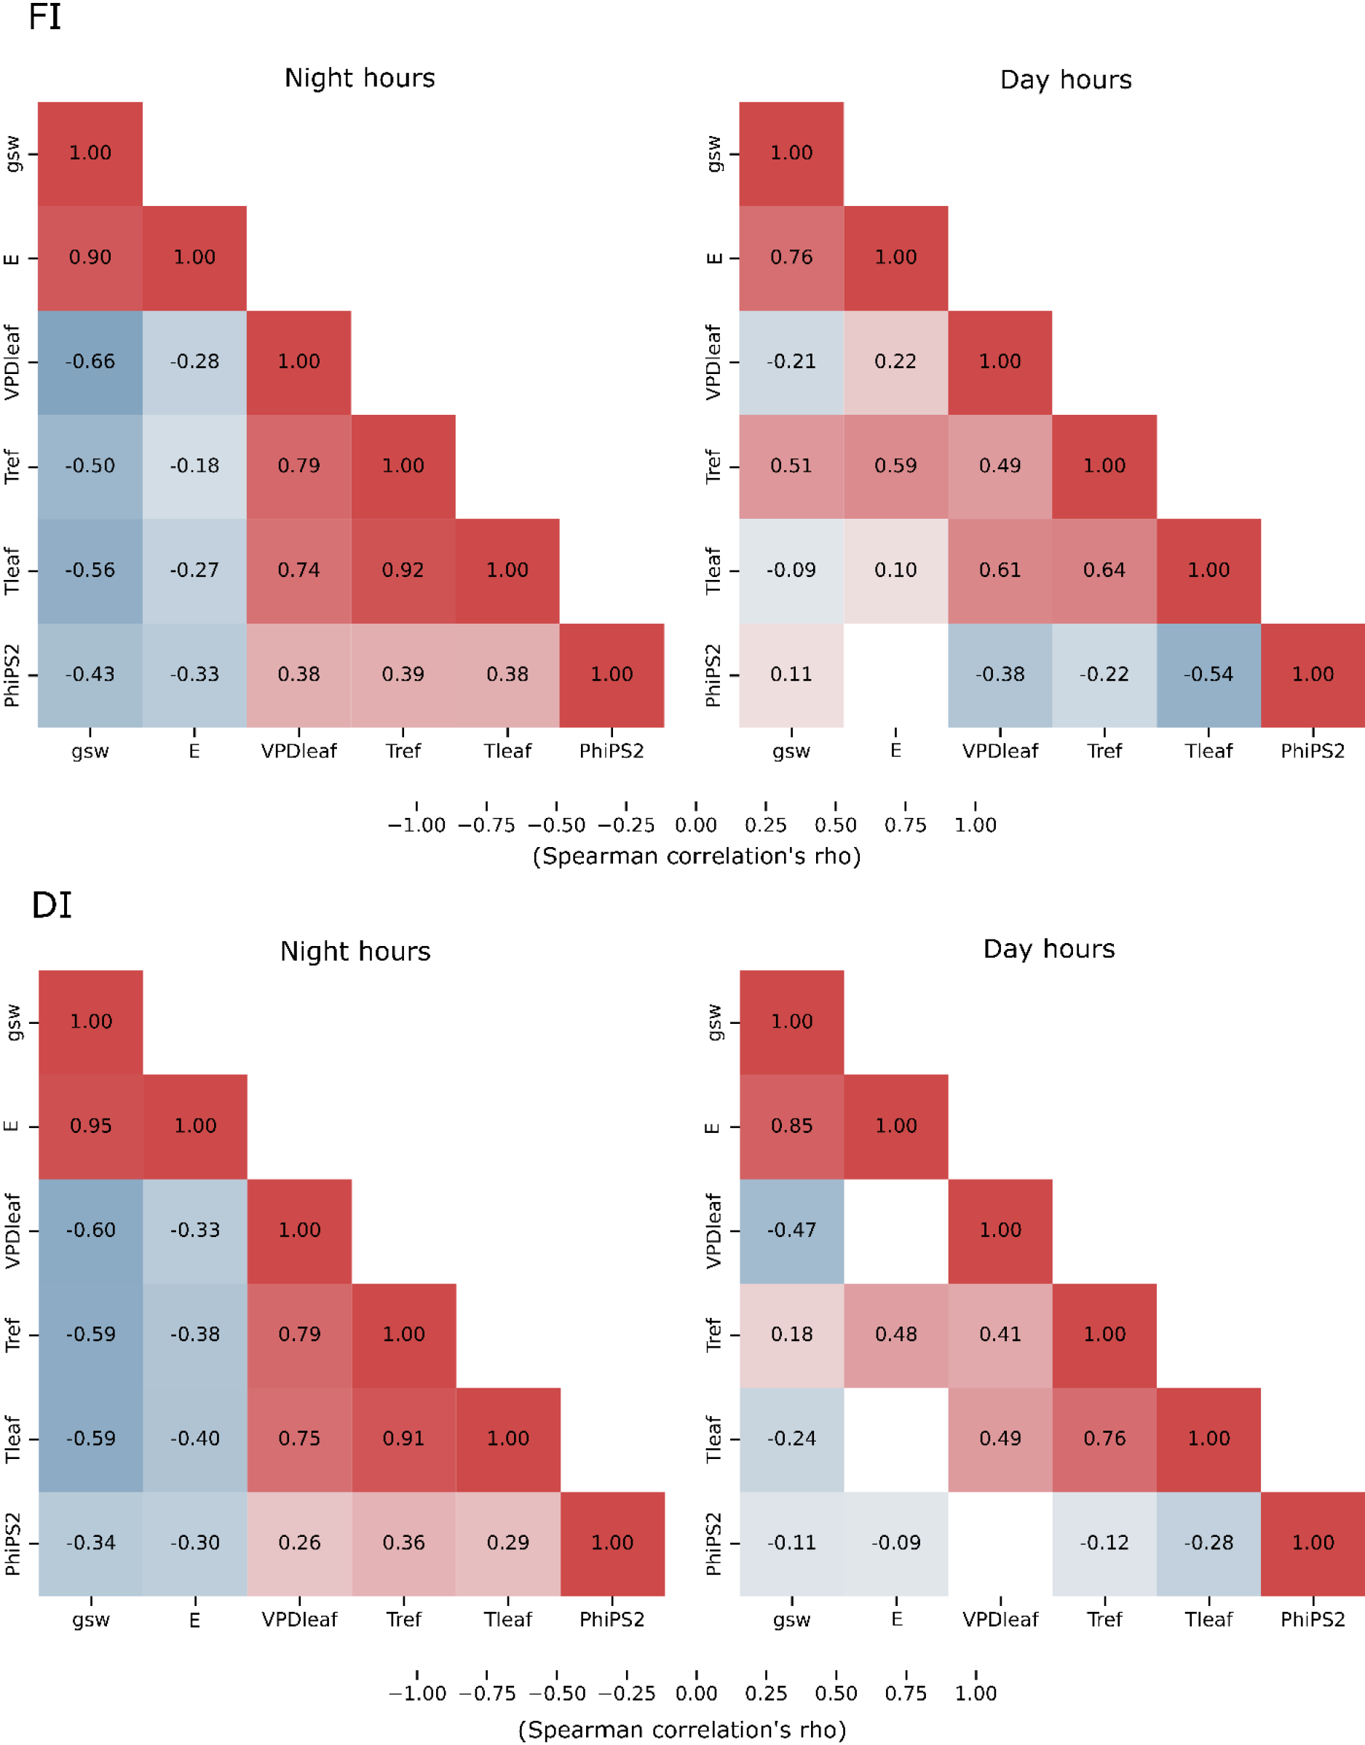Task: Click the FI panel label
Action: tap(44, 17)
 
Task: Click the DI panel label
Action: tap(51, 905)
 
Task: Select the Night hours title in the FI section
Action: tap(360, 79)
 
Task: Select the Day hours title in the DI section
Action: tap(1048, 949)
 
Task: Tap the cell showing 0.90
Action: tap(90, 258)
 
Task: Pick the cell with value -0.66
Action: tap(90, 362)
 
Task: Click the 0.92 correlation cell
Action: tap(403, 571)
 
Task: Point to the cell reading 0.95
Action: tap(91, 1126)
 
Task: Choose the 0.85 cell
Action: tap(791, 1126)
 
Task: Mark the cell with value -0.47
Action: tap(791, 1231)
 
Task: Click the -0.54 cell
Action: tap(1208, 675)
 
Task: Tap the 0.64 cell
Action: tap(1104, 571)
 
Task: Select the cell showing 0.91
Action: tap(403, 1439)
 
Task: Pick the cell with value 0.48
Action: tap(896, 1335)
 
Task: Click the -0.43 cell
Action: tap(90, 675)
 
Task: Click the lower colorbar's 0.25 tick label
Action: tap(766, 1694)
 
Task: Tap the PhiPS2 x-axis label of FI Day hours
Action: tap(1313, 751)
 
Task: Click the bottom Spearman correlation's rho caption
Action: tap(681, 1730)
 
